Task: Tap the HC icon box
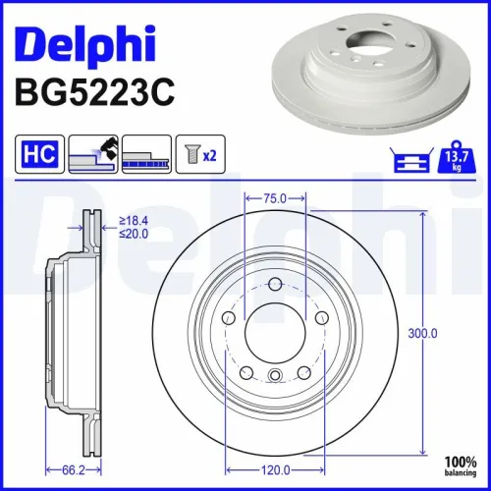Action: [35, 154]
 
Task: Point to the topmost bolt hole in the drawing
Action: [276, 286]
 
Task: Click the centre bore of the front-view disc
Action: [276, 335]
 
